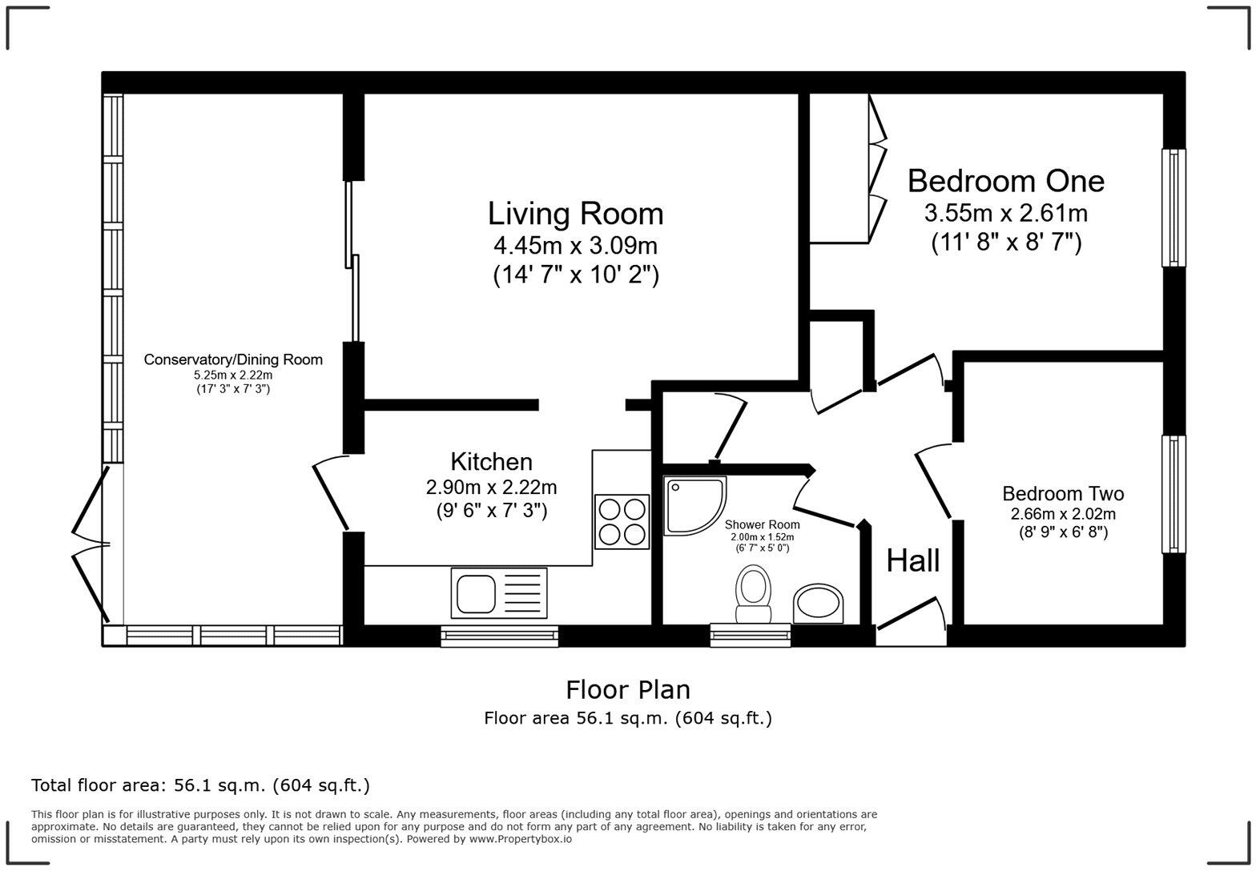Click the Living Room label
click(575, 214)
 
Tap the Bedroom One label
click(1006, 181)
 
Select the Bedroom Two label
click(1063, 494)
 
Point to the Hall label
click(913, 560)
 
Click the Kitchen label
click(491, 462)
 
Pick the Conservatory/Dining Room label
click(233, 359)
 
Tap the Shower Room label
click(762, 524)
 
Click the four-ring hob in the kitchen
click(622, 522)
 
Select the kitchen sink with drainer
click(498, 593)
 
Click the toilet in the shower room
click(753, 594)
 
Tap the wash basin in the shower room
click(818, 604)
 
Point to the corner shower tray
click(694, 506)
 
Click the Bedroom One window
click(1173, 207)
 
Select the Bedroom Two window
click(1173, 495)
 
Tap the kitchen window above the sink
click(499, 636)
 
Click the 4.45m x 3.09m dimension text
click(575, 246)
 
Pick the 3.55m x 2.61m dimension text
click(1006, 213)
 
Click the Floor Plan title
click(628, 690)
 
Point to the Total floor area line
click(201, 785)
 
